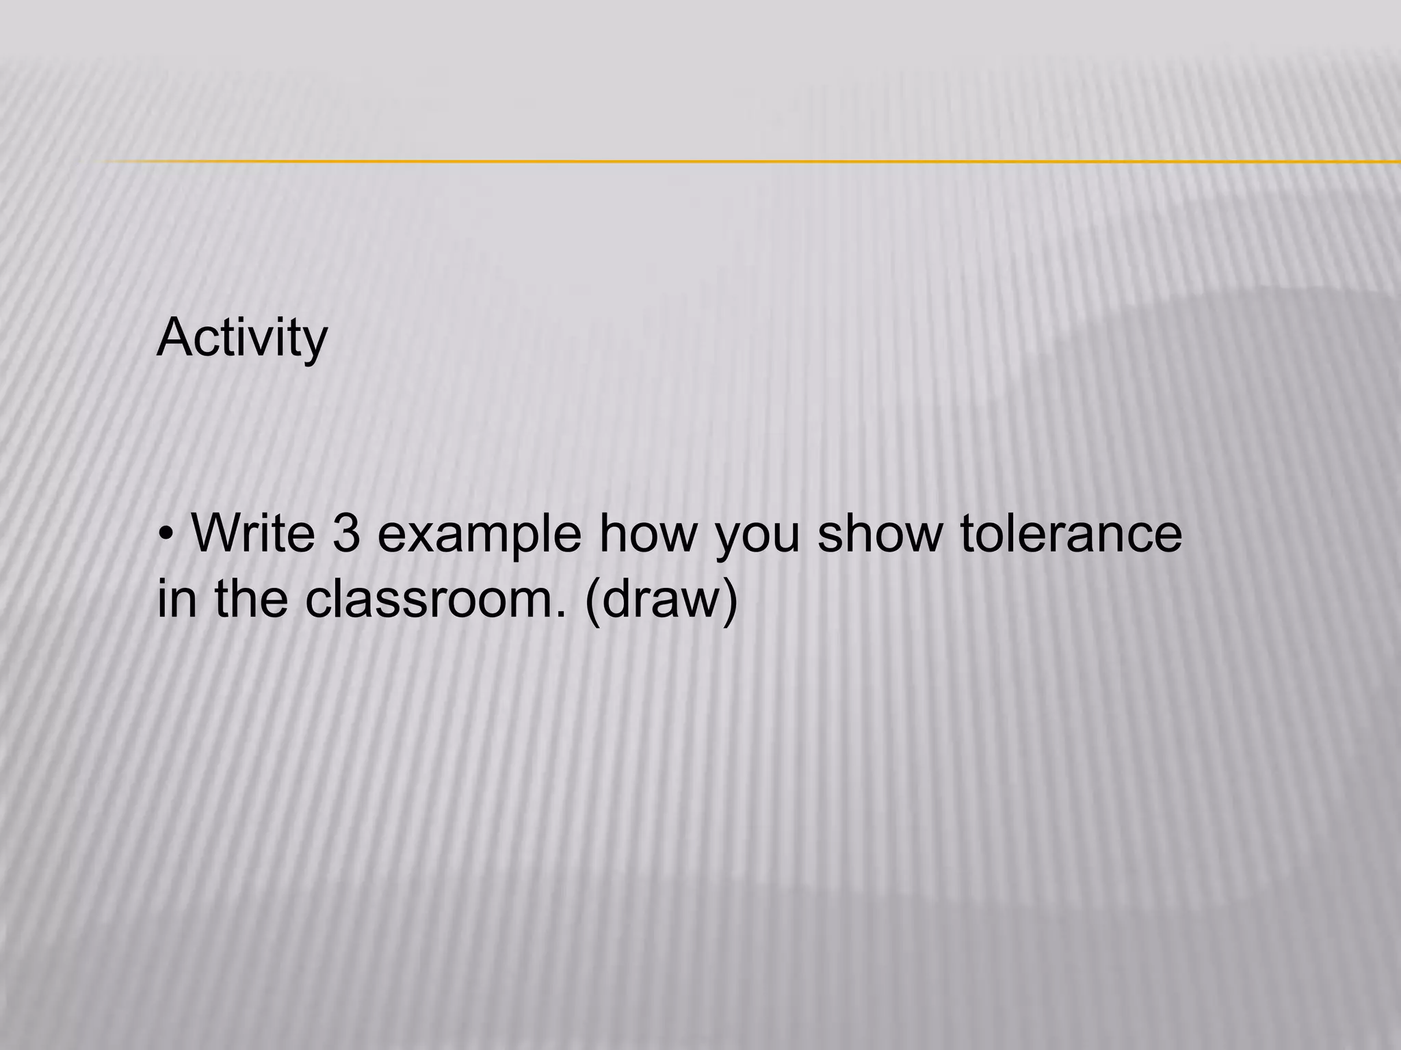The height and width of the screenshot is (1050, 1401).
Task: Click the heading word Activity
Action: click(242, 338)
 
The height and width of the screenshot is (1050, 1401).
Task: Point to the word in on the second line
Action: click(176, 598)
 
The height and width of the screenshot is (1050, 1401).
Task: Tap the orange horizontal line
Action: click(752, 161)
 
